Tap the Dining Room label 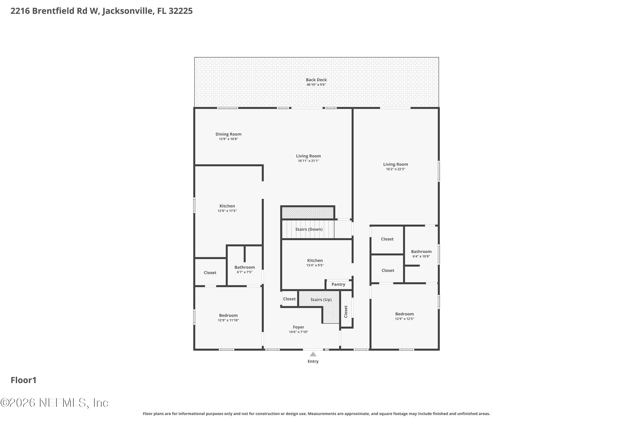228,134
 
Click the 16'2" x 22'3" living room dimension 395,169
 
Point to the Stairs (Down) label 309,229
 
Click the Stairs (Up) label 321,300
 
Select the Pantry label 338,284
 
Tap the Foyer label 299,327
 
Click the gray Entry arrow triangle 313,354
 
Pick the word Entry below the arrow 313,361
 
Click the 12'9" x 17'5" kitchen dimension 227,211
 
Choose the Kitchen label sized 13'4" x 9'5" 315,261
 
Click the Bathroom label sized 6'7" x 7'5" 244,267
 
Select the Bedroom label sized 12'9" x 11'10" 228,315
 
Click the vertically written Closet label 346,311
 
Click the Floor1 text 23,380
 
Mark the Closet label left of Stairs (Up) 289,299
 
